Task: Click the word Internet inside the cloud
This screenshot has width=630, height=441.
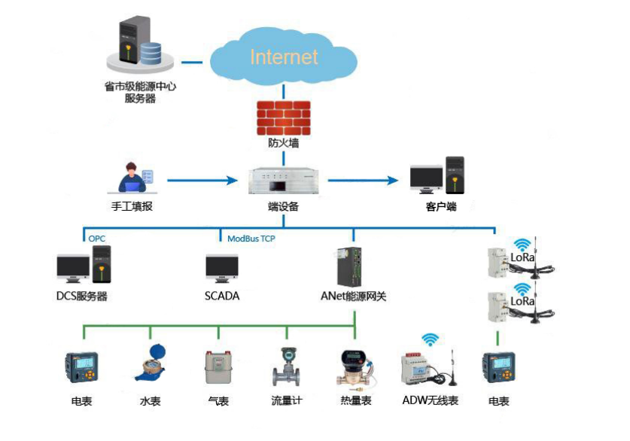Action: coord(284,57)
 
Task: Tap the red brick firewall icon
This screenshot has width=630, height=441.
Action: coord(283,117)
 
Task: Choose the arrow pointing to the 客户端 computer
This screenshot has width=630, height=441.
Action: coord(362,181)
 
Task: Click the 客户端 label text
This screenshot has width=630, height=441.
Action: coord(441,206)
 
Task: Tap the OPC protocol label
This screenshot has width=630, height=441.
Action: coord(97,239)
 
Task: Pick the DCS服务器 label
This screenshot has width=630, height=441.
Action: coord(82,297)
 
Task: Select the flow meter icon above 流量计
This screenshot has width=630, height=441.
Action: coord(286,366)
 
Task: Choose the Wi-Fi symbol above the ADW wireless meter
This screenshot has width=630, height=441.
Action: coord(430,339)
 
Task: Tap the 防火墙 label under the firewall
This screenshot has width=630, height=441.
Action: coord(283,142)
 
